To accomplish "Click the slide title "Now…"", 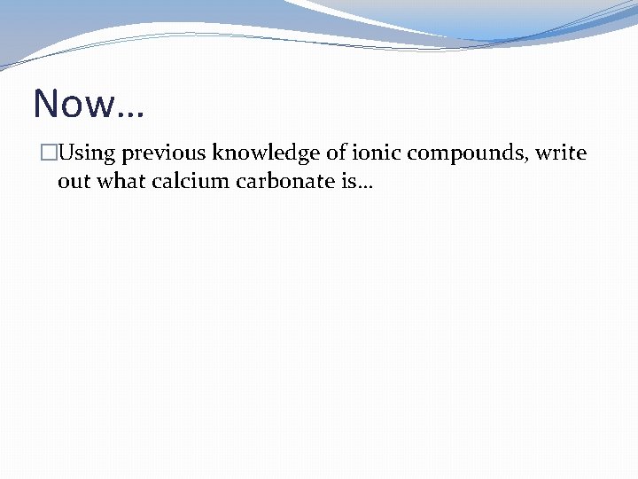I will click(x=89, y=104).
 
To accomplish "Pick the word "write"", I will click(x=561, y=153).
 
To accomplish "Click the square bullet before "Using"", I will click(x=48, y=153).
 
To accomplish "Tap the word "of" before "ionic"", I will click(x=337, y=153).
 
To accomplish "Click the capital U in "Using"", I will click(x=66, y=153).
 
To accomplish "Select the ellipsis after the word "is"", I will click(x=365, y=187).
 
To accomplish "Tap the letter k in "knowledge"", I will click(x=219, y=153).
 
